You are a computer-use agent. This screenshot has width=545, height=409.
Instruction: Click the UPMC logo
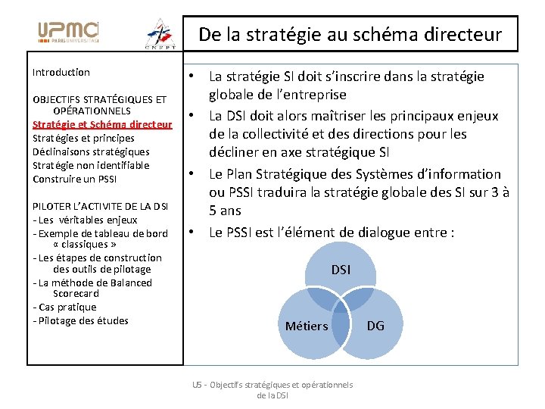pos(68,32)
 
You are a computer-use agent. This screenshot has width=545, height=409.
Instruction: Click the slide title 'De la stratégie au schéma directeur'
pos(350,34)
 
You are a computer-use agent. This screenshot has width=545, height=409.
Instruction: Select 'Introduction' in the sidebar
pos(61,73)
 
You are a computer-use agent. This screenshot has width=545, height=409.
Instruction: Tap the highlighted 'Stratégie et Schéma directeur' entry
pos(102,124)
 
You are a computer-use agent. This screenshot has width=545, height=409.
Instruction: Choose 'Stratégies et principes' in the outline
pos(83,138)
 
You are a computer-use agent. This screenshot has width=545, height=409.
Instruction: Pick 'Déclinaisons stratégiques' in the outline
pos(91,151)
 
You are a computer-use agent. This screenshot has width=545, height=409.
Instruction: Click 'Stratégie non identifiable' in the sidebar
pos(91,165)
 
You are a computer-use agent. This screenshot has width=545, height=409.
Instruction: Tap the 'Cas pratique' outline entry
pos(65,307)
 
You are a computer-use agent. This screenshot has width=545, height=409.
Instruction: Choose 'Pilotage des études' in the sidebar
pos(81,320)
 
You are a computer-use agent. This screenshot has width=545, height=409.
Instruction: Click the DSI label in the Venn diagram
pos(341,269)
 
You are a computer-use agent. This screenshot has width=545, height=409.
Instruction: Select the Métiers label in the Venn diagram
pos(307,326)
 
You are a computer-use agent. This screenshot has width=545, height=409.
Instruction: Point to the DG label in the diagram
pos(375,326)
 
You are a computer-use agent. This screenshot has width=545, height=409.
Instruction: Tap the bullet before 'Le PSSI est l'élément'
pos(193,232)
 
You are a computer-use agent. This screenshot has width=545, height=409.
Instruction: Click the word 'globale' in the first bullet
pos(232,95)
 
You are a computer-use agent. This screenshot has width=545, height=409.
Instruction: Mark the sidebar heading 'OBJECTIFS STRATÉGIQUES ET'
pos(99,99)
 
